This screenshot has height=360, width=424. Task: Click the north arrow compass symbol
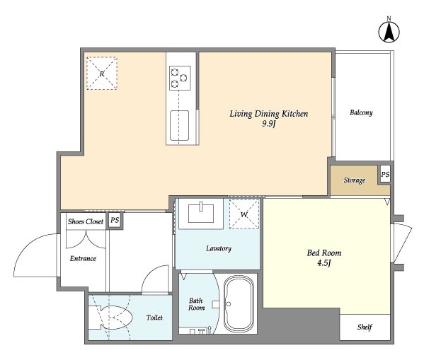[388, 32]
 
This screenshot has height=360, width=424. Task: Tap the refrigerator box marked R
[102, 74]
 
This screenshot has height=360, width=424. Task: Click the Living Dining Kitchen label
[268, 113]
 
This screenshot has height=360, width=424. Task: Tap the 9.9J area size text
[268, 124]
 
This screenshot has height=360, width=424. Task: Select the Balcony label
[360, 112]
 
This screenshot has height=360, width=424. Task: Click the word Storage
[355, 180]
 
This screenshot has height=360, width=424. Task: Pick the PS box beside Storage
[385, 175]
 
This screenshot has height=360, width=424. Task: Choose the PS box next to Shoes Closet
[115, 221]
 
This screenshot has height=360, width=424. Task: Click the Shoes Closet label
[85, 221]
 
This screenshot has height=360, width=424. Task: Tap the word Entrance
[83, 258]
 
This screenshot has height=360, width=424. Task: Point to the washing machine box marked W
[244, 214]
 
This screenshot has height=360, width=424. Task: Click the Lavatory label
[219, 248]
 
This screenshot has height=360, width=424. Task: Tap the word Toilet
[154, 318]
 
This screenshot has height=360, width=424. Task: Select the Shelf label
[364, 327]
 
